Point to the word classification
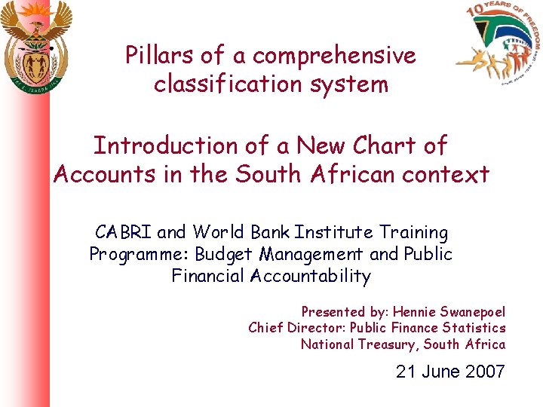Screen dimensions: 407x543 pyautogui.click(x=231, y=84)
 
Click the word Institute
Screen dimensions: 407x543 pyautogui.click(x=333, y=232)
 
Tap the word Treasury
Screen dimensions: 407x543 pyautogui.click(x=390, y=344)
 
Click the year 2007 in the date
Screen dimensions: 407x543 pyautogui.click(x=485, y=372)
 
